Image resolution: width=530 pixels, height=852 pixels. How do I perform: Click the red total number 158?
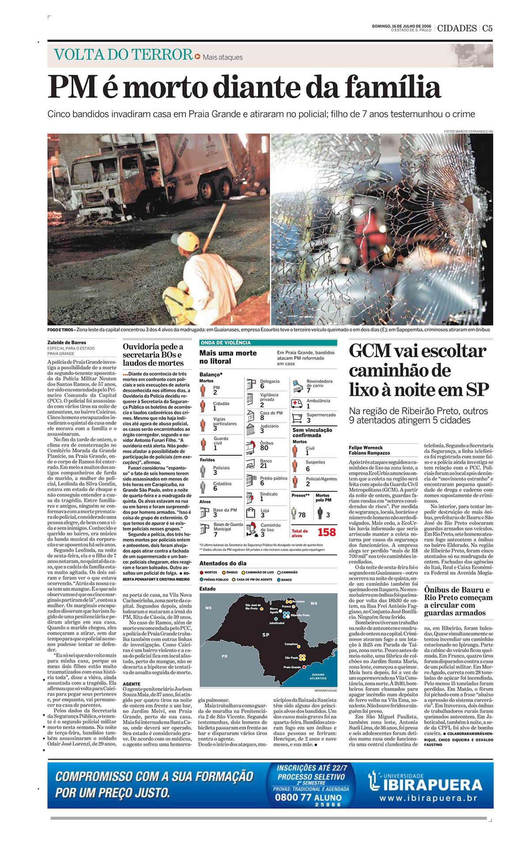pyautogui.click(x=326, y=532)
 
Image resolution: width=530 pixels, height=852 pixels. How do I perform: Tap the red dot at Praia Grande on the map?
pyautogui.click(x=304, y=667)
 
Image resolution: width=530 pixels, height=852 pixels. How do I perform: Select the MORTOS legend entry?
pyautogui.click(x=208, y=572)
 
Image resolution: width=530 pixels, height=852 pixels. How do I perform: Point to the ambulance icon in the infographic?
pyautogui.click(x=297, y=403)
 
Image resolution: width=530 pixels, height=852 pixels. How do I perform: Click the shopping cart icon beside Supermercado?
pyautogui.click(x=297, y=417)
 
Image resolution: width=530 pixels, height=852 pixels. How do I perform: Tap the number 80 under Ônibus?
pyautogui.click(x=264, y=448)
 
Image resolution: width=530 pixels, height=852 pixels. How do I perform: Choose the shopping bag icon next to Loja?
pyautogui.click(x=251, y=513)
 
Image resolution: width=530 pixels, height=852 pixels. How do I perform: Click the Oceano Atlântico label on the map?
pyautogui.click(x=318, y=676)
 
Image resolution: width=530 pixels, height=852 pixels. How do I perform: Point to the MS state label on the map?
pyautogui.click(x=208, y=608)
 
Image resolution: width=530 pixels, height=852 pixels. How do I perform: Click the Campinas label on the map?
pyautogui.click(x=291, y=644)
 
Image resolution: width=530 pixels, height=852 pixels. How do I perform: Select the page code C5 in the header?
pyautogui.click(x=487, y=28)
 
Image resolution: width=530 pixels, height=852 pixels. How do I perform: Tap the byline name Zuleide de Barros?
pyautogui.click(x=67, y=342)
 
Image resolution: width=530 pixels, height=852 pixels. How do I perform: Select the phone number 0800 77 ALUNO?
pyautogui.click(x=308, y=797)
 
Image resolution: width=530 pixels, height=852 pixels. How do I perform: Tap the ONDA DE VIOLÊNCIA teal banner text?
pyautogui.click(x=226, y=343)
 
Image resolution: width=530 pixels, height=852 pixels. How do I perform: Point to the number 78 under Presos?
pyautogui.click(x=302, y=515)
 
